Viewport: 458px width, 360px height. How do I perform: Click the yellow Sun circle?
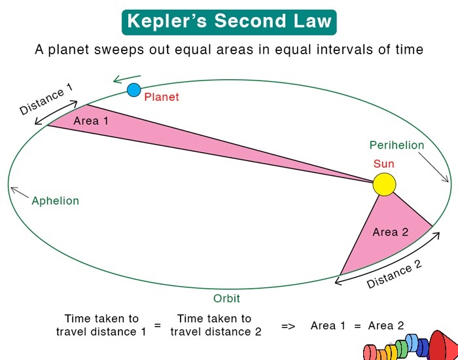click(x=385, y=184)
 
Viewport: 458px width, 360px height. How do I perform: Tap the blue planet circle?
click(x=134, y=89)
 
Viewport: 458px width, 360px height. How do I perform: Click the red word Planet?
click(x=162, y=97)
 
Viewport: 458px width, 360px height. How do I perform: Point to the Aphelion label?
click(x=55, y=201)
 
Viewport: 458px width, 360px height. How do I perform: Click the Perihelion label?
click(x=396, y=145)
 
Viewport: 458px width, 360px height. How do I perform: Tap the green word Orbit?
click(x=226, y=298)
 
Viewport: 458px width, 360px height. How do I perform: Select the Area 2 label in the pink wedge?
click(x=391, y=232)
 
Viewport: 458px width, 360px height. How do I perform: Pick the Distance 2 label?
click(x=394, y=274)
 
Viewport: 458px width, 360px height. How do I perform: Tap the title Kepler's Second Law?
click(x=228, y=21)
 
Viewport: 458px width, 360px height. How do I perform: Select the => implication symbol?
click(x=288, y=325)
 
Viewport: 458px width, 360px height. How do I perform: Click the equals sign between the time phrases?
click(x=157, y=325)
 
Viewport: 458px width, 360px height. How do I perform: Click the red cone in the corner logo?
click(x=442, y=344)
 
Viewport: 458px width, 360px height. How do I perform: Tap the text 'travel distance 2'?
click(x=216, y=331)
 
